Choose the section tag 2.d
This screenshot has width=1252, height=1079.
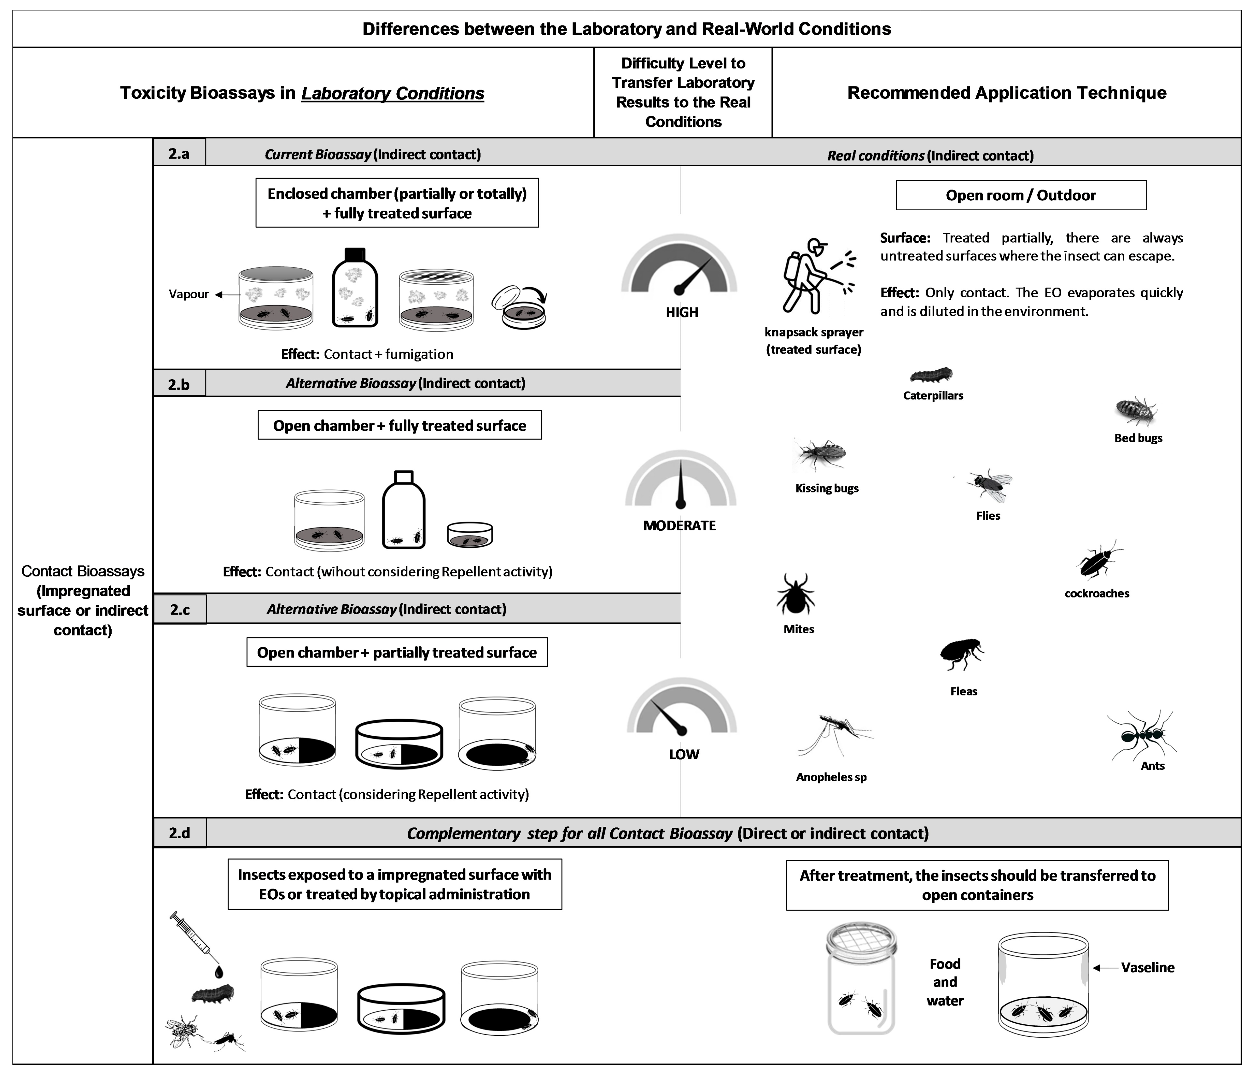(x=179, y=833)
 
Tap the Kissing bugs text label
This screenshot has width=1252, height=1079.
(x=827, y=488)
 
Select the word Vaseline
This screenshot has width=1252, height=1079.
(x=1147, y=967)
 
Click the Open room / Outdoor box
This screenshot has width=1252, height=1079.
(x=1021, y=195)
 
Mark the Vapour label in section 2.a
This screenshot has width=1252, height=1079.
(x=189, y=294)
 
